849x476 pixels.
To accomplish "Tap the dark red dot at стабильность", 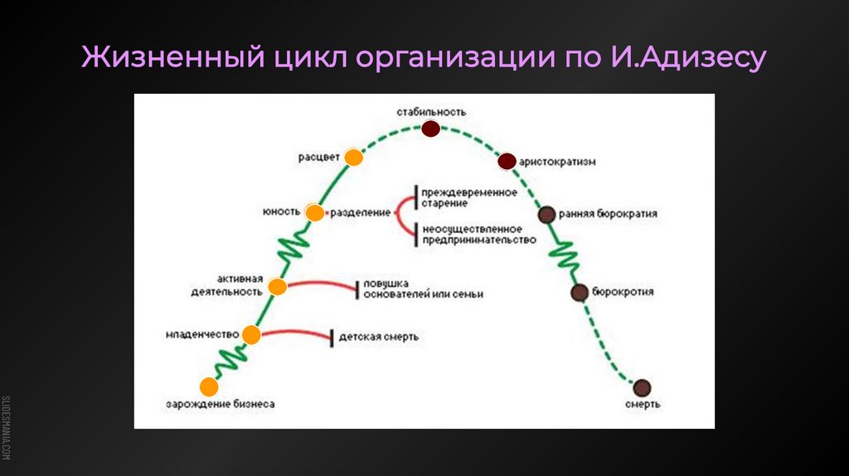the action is [x=429, y=129].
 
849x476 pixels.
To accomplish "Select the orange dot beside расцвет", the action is [x=354, y=158].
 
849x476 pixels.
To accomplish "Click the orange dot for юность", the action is [x=314, y=213].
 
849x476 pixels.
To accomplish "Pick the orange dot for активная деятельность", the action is [x=278, y=287].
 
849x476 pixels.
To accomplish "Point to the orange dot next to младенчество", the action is [x=251, y=335].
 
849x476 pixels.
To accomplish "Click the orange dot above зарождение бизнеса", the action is [x=210, y=386].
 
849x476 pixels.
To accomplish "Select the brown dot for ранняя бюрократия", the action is [x=546, y=215].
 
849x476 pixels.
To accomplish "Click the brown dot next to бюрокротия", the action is [x=580, y=292].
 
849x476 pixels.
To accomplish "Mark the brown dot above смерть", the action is [x=642, y=386].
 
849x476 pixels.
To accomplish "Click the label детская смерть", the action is [x=378, y=337].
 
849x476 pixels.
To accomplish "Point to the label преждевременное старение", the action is [x=468, y=198].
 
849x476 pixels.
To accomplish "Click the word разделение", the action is [x=361, y=213].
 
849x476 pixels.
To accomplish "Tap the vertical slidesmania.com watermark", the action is [x=7, y=426].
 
